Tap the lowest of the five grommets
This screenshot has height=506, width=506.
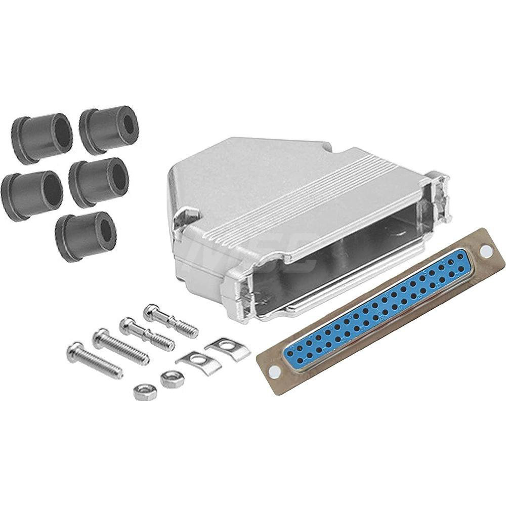(x=86, y=236)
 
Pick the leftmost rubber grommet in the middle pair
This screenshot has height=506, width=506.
(x=31, y=195)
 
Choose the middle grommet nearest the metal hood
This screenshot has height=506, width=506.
(x=99, y=182)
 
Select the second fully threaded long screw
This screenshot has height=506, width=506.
(x=121, y=347)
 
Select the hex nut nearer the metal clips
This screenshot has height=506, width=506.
(x=172, y=378)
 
